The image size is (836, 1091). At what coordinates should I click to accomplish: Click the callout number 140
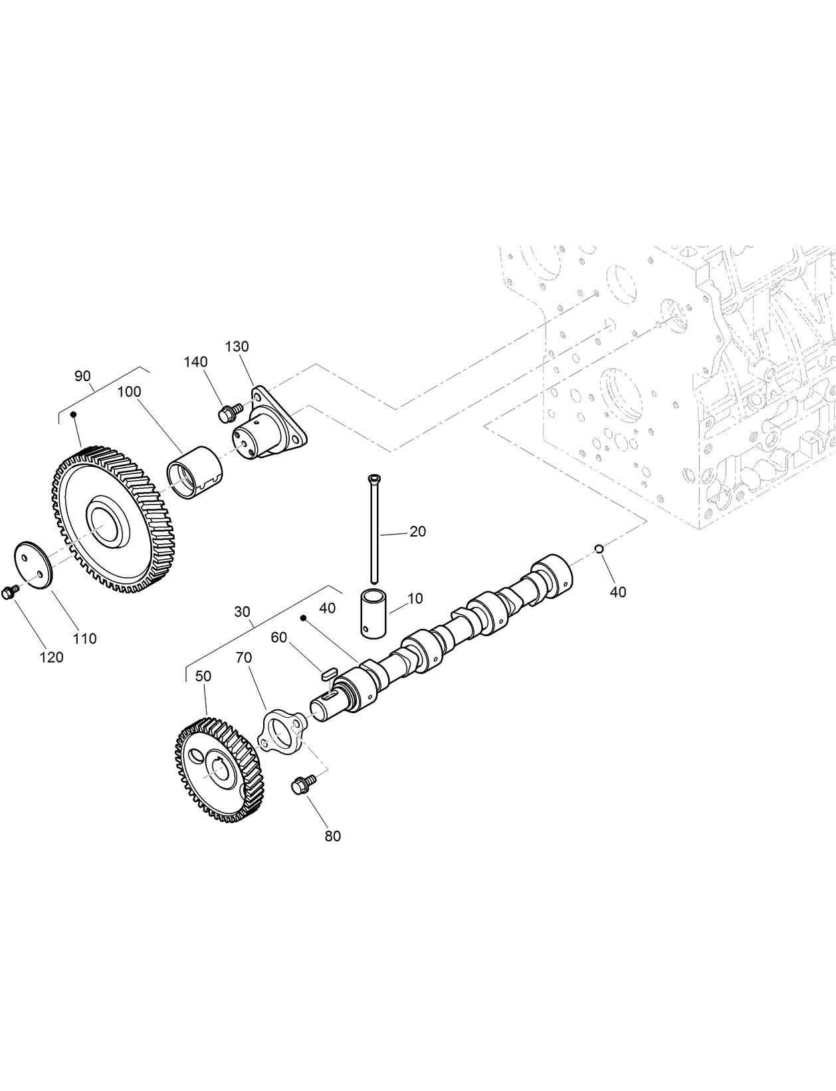[196, 362]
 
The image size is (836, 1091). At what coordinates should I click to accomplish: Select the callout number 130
[237, 347]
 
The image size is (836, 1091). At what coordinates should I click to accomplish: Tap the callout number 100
[129, 392]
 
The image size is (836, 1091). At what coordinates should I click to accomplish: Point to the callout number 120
[52, 657]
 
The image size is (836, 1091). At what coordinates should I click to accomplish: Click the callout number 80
[332, 835]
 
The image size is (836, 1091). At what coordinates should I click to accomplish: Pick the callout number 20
[417, 531]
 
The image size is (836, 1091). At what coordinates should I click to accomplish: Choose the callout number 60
[278, 637]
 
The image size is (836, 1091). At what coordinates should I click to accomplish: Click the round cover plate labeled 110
[33, 564]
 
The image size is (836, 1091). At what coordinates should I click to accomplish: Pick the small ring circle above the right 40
[598, 548]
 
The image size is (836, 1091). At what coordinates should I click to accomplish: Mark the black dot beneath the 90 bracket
[74, 414]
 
